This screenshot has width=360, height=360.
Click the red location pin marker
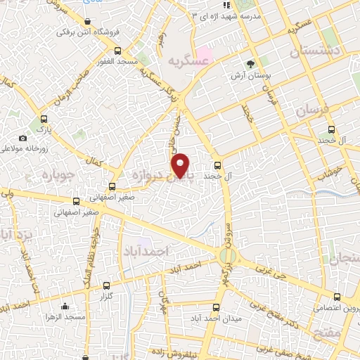[x=181, y=165]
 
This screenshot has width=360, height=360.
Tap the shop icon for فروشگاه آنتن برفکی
[x=86, y=22]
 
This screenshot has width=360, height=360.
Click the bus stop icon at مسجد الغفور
[x=118, y=50]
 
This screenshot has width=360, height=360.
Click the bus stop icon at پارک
[x=44, y=119]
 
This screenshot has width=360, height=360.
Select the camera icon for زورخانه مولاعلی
[x=23, y=138]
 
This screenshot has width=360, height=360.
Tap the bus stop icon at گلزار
[x=106, y=285]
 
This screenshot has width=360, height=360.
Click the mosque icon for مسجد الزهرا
[x=65, y=306]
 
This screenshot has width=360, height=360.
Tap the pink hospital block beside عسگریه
[x=204, y=53]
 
